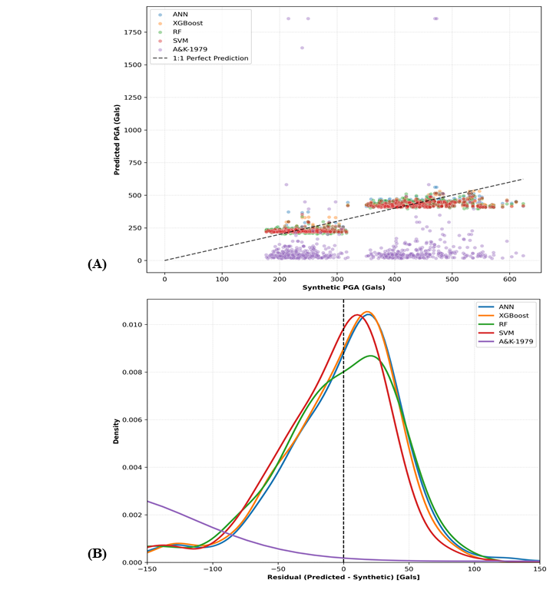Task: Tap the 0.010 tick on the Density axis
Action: pyautogui.click(x=132, y=325)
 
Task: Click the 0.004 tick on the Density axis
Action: pyautogui.click(x=132, y=467)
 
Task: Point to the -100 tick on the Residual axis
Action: pyautogui.click(x=212, y=569)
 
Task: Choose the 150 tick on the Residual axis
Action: pyautogui.click(x=538, y=569)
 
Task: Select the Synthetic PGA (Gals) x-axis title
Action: pyautogui.click(x=343, y=287)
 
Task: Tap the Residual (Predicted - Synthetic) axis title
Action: pyautogui.click(x=343, y=578)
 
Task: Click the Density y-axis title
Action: pyautogui.click(x=117, y=431)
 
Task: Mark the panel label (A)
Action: pyautogui.click(x=97, y=264)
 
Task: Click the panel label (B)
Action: pyautogui.click(x=97, y=554)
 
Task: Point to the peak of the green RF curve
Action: pyautogui.click(x=371, y=356)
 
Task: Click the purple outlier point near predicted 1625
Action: pyautogui.click(x=302, y=48)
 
